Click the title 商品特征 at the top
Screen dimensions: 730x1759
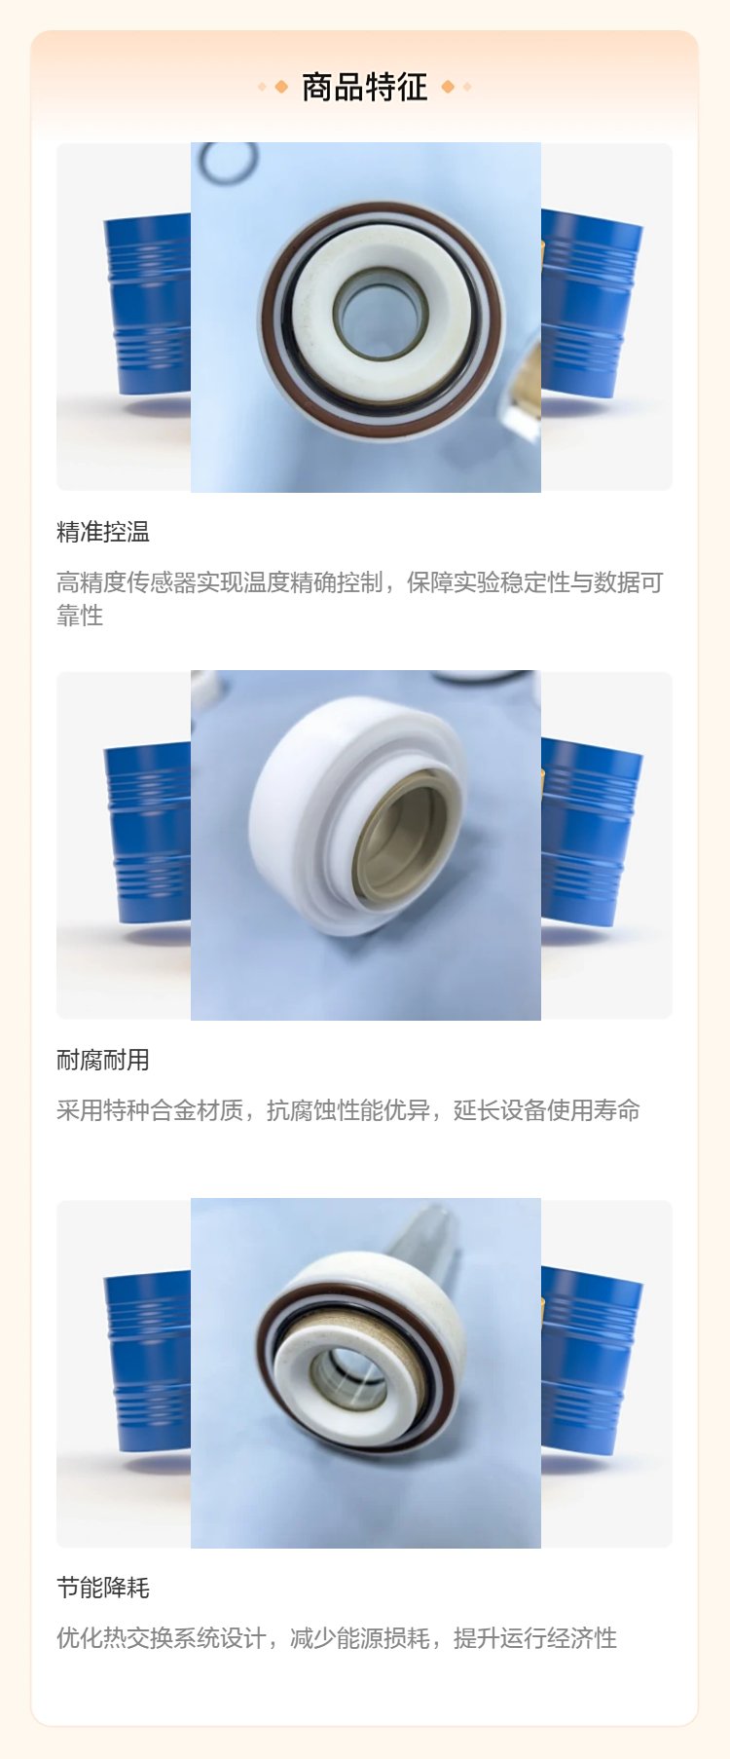point(364,88)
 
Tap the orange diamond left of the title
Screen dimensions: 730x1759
point(281,87)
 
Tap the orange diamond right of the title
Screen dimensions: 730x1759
point(448,87)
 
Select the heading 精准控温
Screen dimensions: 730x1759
point(103,532)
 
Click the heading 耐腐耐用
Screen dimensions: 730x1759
point(103,1060)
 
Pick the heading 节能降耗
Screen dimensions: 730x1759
point(103,1588)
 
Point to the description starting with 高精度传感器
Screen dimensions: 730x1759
point(360,599)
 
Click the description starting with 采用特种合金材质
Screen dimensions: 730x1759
point(348,1110)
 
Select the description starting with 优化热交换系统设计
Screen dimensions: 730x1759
point(337,1638)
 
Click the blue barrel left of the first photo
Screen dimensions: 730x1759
point(148,304)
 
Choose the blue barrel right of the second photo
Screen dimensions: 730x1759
point(588,833)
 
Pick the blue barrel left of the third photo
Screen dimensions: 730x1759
point(148,1361)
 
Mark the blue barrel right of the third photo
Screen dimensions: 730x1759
point(588,1361)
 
